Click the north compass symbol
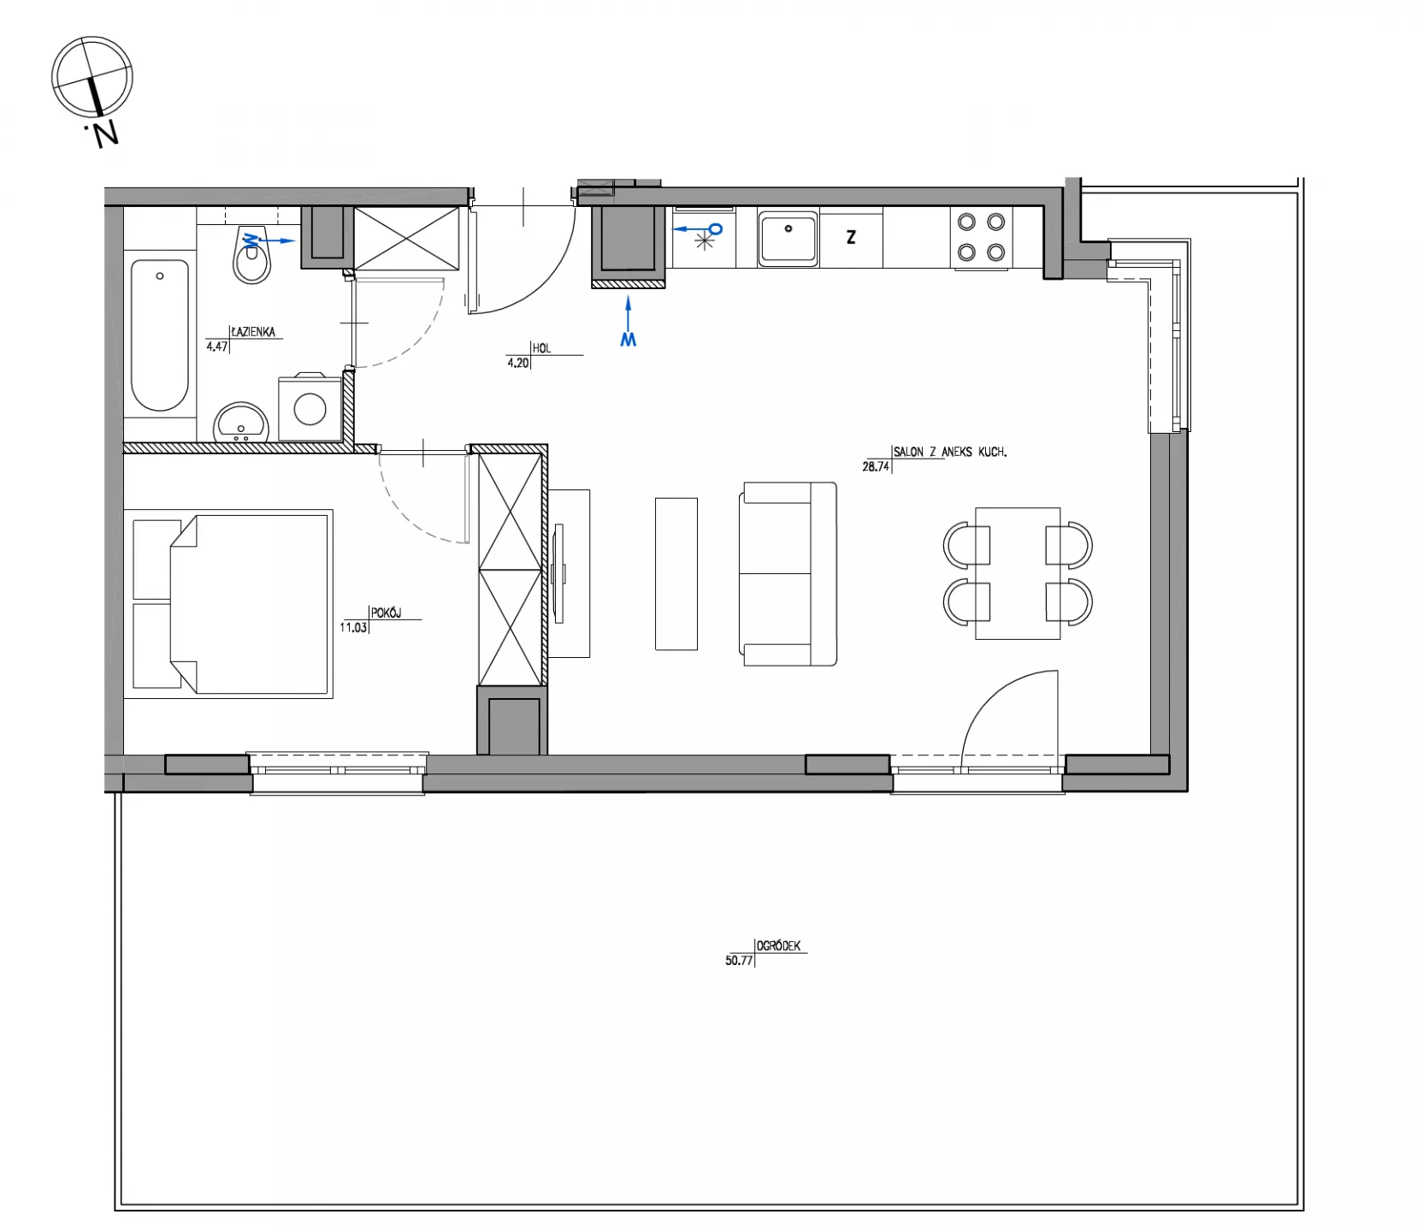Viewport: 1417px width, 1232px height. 92,77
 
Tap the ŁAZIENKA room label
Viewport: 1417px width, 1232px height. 253,332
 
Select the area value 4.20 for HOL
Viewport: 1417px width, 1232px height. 518,363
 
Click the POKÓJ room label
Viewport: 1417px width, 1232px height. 387,613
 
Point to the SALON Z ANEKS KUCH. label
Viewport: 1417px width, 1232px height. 950,452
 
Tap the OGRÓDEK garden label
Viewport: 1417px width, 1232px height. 779,946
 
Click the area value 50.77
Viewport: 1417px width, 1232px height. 739,961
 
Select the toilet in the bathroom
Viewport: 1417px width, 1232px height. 251,254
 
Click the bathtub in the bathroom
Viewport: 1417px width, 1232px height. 160,335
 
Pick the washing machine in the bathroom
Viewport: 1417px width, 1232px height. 309,408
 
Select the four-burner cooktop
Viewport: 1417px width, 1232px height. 981,238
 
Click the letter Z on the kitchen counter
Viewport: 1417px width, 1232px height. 851,238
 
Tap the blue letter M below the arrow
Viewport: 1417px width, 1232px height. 629,340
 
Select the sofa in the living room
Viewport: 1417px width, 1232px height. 788,574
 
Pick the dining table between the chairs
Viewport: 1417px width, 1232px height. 1018,573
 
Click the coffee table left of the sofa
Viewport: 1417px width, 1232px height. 676,574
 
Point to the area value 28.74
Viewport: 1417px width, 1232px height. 877,467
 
